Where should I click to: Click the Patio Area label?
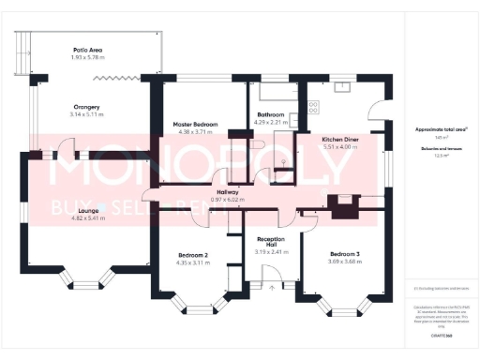89,50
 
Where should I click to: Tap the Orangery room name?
89,107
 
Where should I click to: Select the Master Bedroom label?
195,125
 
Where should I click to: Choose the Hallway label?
228,192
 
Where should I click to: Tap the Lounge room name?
90,211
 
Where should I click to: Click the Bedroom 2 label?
193,254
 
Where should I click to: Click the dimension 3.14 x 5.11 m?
89,114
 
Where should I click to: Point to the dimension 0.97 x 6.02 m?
228,200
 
